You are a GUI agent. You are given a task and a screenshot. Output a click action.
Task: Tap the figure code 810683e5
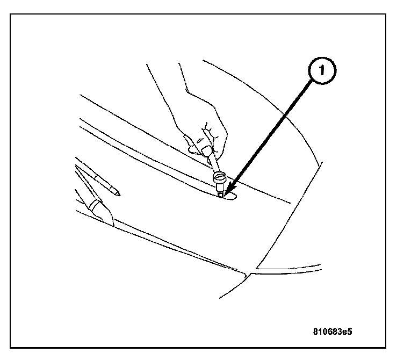[x=334, y=332]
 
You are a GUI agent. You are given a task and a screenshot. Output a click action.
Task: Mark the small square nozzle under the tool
[x=221, y=194]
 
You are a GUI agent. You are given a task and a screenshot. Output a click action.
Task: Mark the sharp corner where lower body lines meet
[x=247, y=274]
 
